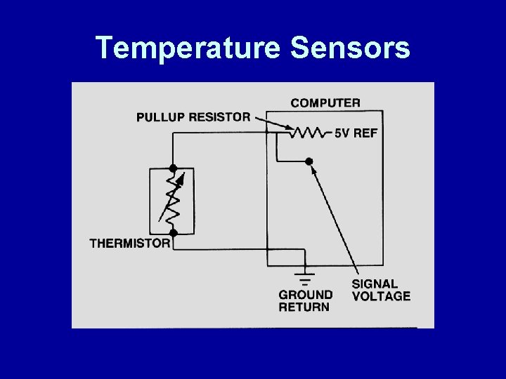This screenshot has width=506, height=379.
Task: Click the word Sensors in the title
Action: [349, 48]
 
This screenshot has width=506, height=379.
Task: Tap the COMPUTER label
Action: [325, 102]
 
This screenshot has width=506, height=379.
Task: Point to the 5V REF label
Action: [357, 133]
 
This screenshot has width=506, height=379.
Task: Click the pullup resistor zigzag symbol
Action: [306, 132]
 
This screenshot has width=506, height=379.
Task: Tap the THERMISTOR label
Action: [130, 244]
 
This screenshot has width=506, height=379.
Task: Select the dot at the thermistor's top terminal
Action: [173, 168]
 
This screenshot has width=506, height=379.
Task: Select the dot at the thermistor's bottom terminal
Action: [173, 232]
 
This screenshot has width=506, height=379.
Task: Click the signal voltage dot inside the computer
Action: [309, 161]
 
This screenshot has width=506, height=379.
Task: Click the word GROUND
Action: [306, 295]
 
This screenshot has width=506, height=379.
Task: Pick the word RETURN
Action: [304, 307]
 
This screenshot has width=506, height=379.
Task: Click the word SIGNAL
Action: [375, 284]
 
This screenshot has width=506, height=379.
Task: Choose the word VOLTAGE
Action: [381, 296]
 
